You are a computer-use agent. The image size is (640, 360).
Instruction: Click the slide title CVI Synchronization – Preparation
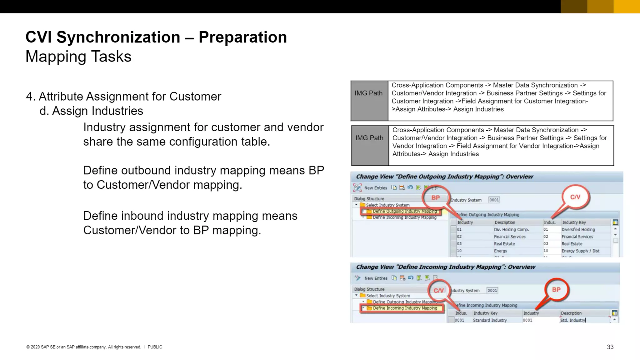[x=156, y=37]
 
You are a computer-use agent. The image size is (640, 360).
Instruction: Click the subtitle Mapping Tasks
[x=78, y=57]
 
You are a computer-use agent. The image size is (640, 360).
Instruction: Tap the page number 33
[x=610, y=347]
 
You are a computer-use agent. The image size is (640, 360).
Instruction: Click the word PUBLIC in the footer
[x=155, y=347]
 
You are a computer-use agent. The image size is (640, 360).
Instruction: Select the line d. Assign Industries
[x=91, y=111]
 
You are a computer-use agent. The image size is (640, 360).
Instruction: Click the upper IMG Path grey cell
[x=369, y=101]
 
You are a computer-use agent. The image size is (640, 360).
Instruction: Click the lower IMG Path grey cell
[x=369, y=145]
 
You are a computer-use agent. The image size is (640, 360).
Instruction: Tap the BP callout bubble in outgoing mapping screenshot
[x=435, y=197]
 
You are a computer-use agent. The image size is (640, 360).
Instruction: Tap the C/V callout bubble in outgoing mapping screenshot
[x=575, y=197]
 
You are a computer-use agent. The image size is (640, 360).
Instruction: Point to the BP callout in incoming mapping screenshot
[x=556, y=289]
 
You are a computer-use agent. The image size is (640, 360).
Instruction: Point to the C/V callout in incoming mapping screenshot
[x=438, y=290]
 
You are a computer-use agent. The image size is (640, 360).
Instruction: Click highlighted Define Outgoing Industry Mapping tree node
[x=404, y=211]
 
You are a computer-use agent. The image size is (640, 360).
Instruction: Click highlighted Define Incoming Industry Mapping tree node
[x=405, y=308]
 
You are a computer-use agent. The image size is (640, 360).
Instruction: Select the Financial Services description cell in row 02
[x=510, y=237]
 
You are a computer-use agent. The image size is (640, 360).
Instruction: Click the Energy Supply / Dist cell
[x=580, y=251]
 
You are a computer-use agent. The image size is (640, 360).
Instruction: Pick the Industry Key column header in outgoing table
[x=574, y=222]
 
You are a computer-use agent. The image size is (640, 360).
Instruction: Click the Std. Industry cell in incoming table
[x=573, y=320]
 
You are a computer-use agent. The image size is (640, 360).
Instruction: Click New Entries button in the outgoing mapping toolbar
[x=375, y=188]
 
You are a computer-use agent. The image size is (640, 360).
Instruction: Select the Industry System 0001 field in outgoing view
[x=494, y=200]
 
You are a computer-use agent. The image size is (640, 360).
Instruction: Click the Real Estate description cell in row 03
[x=504, y=244]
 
